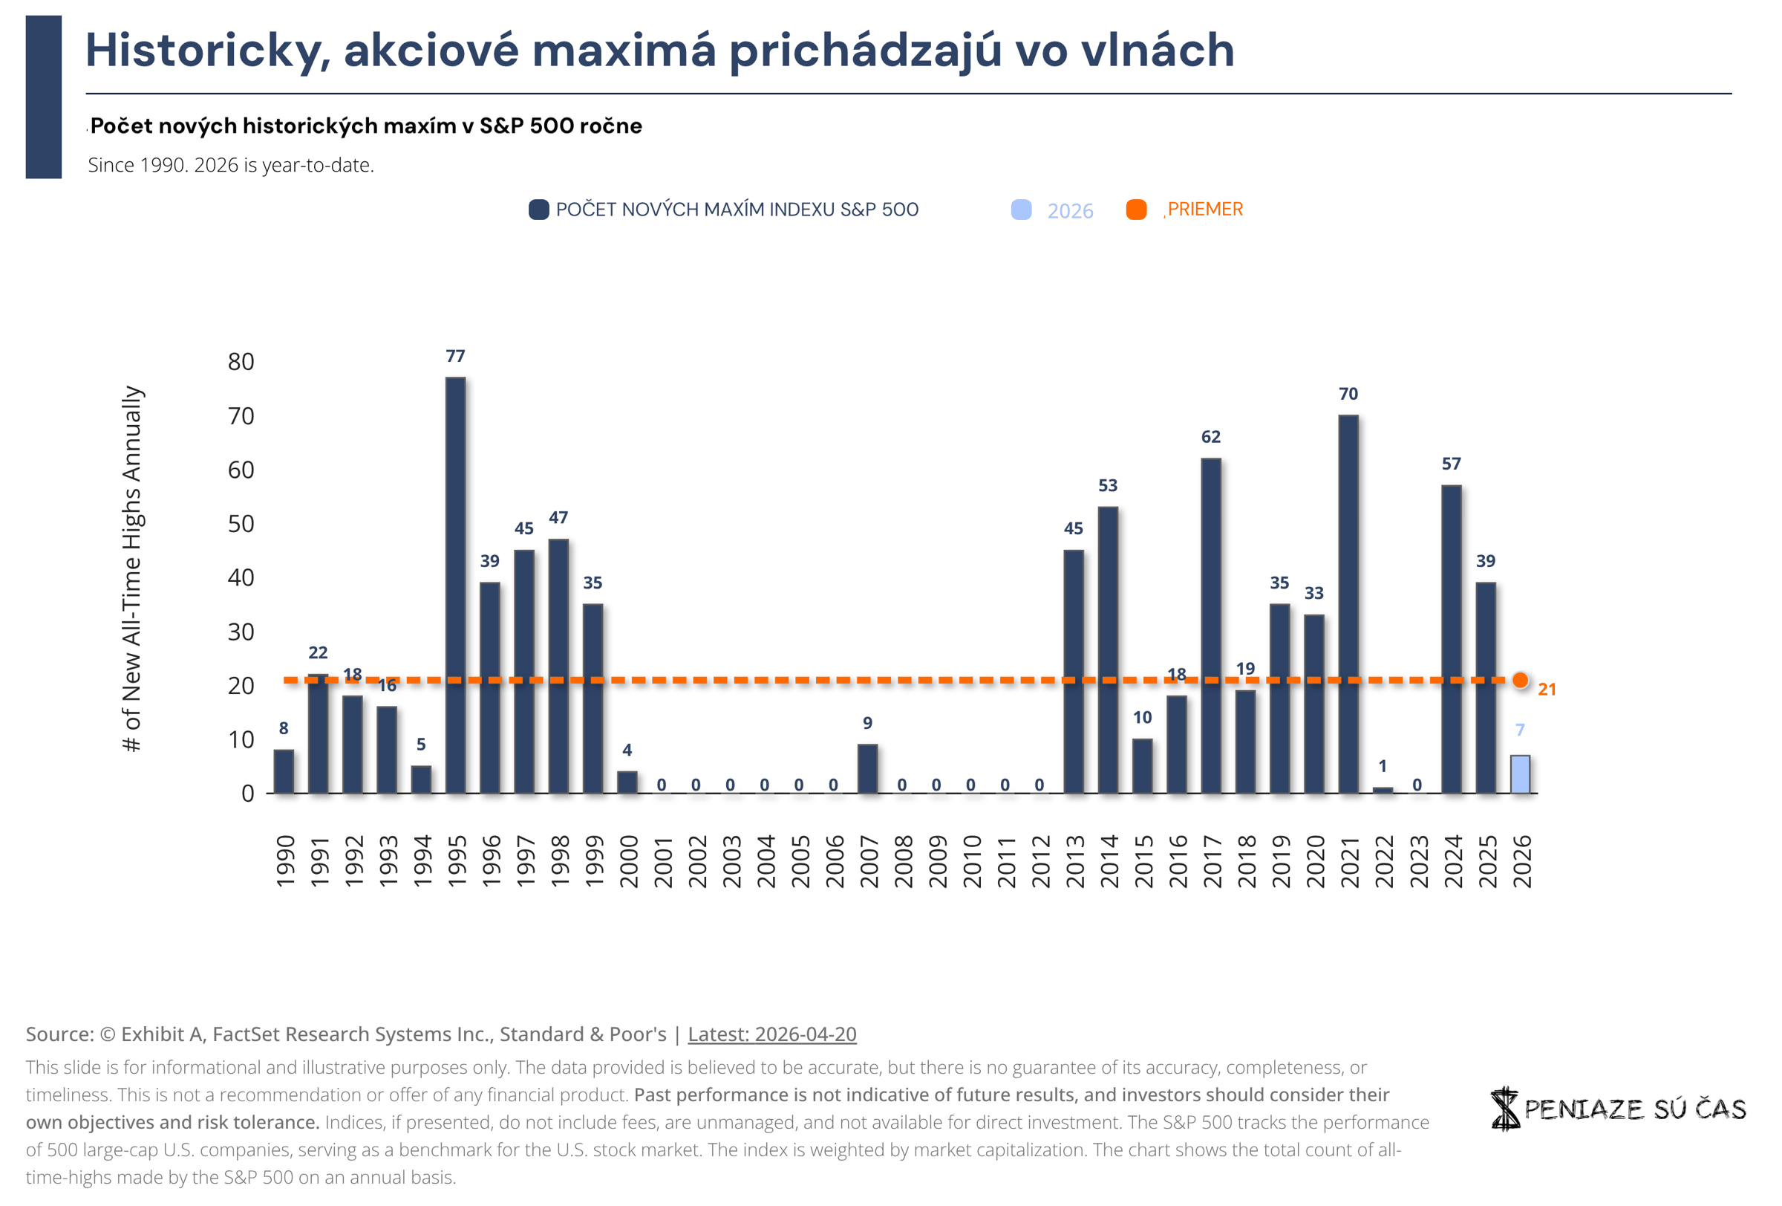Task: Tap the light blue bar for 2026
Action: click(x=1520, y=774)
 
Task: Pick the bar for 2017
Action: click(x=1211, y=625)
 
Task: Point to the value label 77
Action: click(x=455, y=356)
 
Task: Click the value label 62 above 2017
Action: click(x=1211, y=436)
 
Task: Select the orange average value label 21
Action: click(x=1547, y=689)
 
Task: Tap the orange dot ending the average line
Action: click(x=1521, y=680)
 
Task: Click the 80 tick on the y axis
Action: click(x=241, y=361)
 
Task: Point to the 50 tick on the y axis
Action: click(x=241, y=523)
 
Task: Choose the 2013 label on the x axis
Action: click(x=1074, y=860)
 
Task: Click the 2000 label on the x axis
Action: click(x=628, y=860)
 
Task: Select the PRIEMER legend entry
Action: click(x=1204, y=210)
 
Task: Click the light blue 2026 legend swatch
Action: click(x=1022, y=210)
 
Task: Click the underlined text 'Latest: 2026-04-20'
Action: click(x=771, y=1034)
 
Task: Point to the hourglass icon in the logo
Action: click(x=1504, y=1108)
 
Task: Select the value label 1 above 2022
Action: click(x=1383, y=765)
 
